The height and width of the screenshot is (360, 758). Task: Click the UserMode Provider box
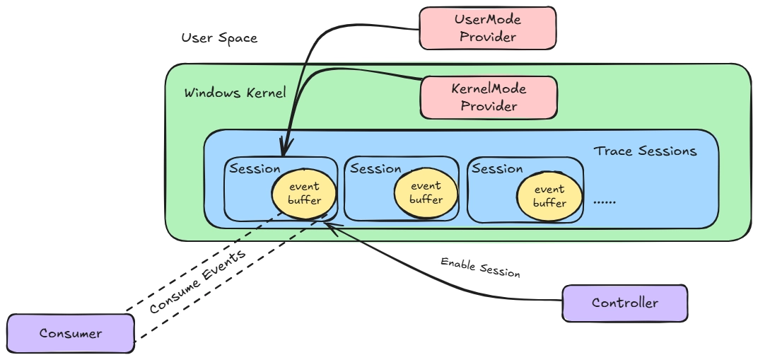(x=487, y=28)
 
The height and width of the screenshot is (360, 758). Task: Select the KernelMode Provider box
(x=488, y=98)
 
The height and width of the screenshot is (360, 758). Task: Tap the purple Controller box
(x=624, y=303)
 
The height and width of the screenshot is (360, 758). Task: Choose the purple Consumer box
(x=70, y=333)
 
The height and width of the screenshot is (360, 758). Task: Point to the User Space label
(x=219, y=38)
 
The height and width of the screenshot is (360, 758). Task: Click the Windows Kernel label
(x=235, y=93)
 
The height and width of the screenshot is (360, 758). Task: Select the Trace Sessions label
(x=645, y=151)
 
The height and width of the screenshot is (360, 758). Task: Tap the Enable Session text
(x=480, y=267)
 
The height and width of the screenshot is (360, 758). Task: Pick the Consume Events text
(x=197, y=283)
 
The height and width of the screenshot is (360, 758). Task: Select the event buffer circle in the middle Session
(x=426, y=193)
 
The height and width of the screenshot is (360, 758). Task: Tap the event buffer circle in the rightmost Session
(x=549, y=196)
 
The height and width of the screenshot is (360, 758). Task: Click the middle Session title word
(x=375, y=169)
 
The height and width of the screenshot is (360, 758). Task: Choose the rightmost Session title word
(x=497, y=169)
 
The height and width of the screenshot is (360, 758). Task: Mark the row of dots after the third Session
(x=605, y=202)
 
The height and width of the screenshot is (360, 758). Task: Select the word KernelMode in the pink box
(x=489, y=90)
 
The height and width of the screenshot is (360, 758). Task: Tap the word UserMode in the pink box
(x=488, y=21)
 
